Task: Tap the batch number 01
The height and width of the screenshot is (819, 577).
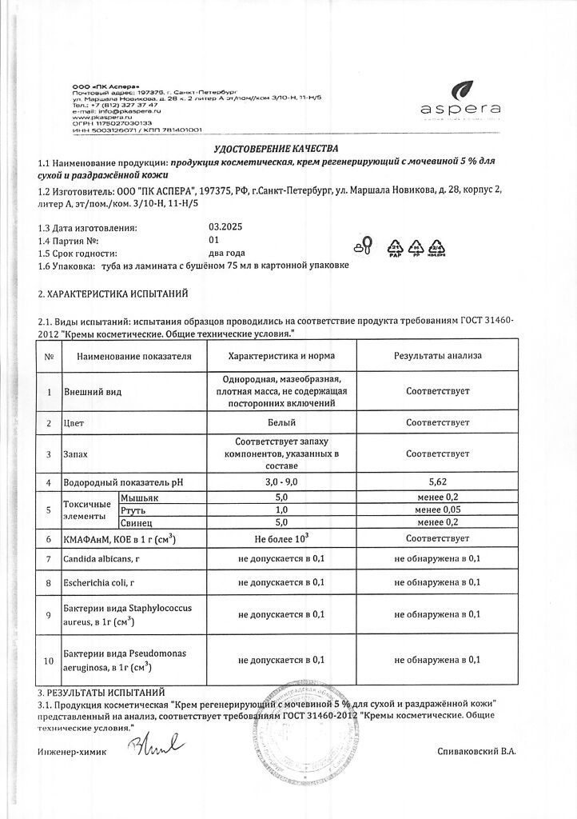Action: [x=213, y=239]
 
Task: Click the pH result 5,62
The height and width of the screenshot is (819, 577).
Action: [x=437, y=482]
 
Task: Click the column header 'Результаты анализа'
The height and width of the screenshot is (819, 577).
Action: [x=437, y=355]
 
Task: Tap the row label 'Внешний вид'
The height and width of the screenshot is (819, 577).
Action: [x=86, y=392]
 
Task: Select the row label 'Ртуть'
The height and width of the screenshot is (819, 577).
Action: [x=133, y=509]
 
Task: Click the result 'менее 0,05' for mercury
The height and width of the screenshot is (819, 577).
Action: [x=437, y=509]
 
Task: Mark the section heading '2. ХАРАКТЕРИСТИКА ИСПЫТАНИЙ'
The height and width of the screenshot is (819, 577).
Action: [x=113, y=294]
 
